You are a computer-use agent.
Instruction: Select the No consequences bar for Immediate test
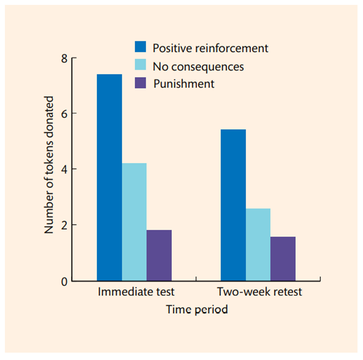(134, 222)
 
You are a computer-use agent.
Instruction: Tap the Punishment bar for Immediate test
(159, 255)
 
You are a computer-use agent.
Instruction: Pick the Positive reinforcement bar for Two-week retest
(233, 205)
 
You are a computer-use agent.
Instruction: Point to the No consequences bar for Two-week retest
(258, 245)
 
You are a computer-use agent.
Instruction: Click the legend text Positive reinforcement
(210, 48)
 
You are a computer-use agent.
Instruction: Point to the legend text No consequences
(198, 67)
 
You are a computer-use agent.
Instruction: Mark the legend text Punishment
(184, 84)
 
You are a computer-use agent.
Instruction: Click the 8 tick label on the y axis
(64, 58)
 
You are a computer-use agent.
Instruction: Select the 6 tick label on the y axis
(64, 114)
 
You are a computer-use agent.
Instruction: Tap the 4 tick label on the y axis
(64, 169)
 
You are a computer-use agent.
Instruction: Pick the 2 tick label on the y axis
(64, 225)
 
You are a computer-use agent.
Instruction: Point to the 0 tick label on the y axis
(64, 281)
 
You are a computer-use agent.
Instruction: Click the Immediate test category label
(136, 292)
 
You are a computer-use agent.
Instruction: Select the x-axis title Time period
(197, 310)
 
